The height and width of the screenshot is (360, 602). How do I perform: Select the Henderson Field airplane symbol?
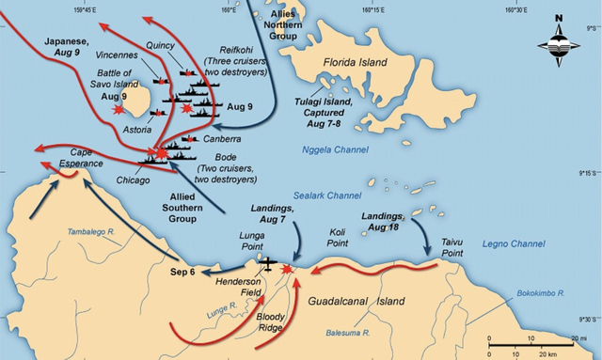click(x=268, y=263)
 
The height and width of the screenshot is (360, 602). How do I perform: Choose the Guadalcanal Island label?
click(x=356, y=302)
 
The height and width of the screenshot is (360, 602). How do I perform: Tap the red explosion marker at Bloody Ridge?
click(x=287, y=269)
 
